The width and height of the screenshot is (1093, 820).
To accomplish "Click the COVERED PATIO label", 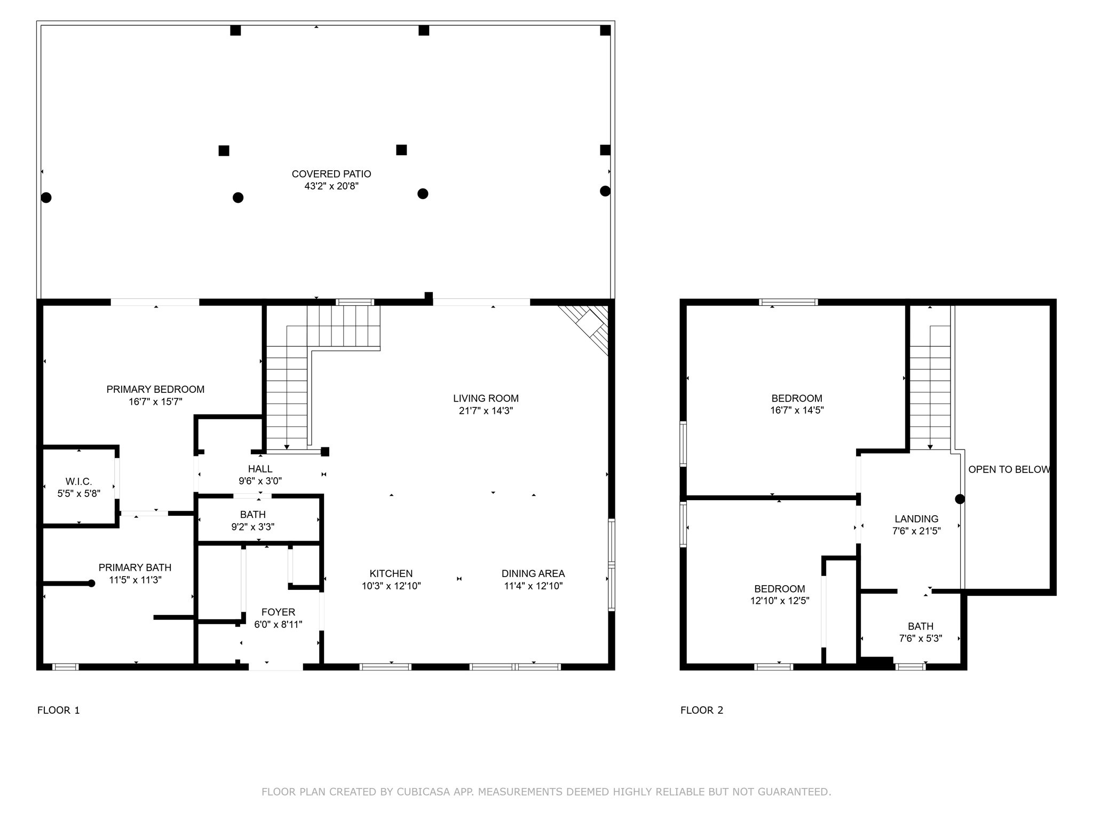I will (331, 174).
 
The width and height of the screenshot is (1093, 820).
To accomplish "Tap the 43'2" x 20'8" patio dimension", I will (331, 186).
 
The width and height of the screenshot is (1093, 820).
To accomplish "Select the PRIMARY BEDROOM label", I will (155, 390).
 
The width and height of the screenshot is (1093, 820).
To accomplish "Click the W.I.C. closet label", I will (78, 482).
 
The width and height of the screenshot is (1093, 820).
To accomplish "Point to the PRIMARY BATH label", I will (135, 567).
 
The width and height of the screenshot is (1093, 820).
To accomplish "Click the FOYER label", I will (278, 612).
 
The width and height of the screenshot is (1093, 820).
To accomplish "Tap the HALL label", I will (260, 469).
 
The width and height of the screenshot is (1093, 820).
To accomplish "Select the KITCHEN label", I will (391, 574).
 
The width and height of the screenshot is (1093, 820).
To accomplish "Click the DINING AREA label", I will (533, 574).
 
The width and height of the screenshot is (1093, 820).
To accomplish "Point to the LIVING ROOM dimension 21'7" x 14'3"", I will (486, 411).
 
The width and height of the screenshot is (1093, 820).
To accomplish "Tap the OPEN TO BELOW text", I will (1009, 470).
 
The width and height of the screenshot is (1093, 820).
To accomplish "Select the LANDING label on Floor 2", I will (916, 519).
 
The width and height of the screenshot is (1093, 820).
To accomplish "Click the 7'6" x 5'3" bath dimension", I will (921, 638).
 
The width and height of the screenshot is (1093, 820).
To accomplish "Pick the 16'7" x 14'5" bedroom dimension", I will (797, 411).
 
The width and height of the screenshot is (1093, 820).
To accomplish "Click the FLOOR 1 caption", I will (59, 710).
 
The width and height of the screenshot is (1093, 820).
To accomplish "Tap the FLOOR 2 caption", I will (702, 710).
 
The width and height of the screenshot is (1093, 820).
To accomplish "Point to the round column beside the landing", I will (960, 499).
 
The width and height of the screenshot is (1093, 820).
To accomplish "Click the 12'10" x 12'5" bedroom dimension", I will (779, 601).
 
